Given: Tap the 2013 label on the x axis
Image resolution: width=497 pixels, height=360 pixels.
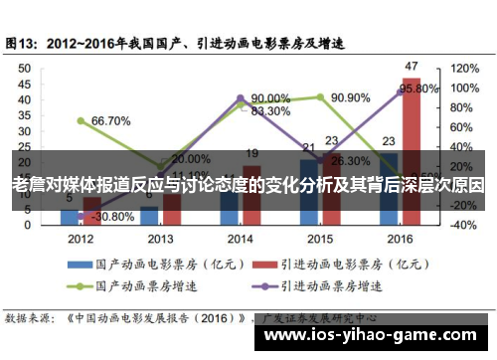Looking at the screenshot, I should pyautogui.click(x=160, y=240).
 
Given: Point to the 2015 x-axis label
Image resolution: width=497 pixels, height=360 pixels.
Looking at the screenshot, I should pyautogui.click(x=319, y=240).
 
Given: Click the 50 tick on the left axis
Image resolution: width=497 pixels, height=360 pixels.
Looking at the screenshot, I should pyautogui.click(x=25, y=69).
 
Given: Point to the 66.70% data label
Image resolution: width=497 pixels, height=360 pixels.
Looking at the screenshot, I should pyautogui.click(x=110, y=121).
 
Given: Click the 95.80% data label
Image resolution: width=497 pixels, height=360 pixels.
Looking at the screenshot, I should pyautogui.click(x=418, y=89).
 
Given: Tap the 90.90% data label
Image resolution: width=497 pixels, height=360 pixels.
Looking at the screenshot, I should pyautogui.click(x=350, y=98).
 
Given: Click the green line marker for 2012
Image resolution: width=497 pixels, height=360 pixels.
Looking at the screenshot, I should pyautogui.click(x=81, y=120).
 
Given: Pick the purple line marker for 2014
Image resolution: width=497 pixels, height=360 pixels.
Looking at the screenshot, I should pyautogui.click(x=240, y=98).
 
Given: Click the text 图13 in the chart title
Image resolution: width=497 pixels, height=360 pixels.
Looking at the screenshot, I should pyautogui.click(x=23, y=44).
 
